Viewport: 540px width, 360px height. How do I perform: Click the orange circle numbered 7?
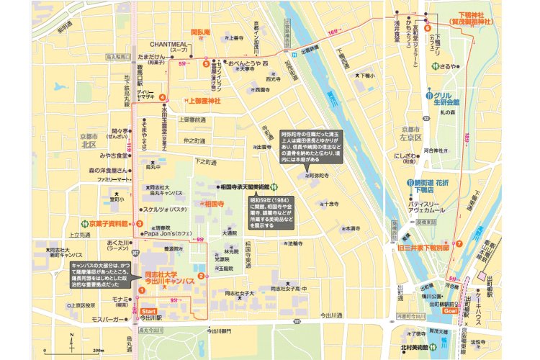[459, 243]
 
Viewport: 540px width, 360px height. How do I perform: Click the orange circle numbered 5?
[206, 63]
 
